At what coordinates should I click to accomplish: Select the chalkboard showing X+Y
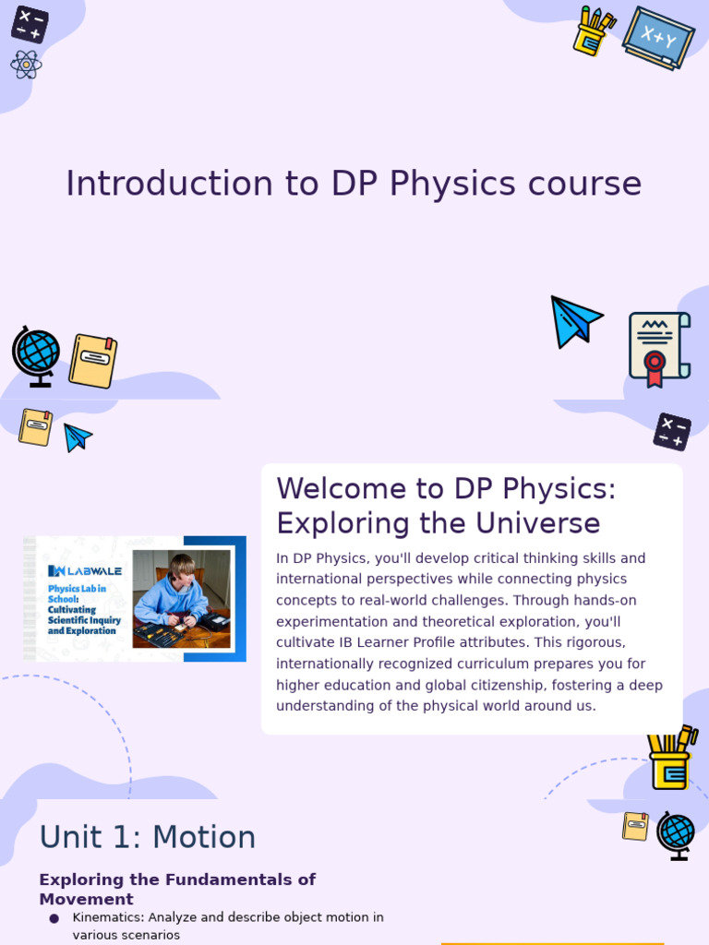pos(658,37)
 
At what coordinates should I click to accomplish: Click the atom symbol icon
pos(26,65)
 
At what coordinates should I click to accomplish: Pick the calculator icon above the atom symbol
pos(30,24)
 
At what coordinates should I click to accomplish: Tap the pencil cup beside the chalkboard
pos(592,31)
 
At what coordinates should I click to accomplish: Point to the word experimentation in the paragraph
pos(333,622)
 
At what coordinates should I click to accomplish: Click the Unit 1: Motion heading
pos(148,837)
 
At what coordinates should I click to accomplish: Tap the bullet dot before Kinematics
pos(54,918)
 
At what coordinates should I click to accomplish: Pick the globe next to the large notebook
pos(36,354)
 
